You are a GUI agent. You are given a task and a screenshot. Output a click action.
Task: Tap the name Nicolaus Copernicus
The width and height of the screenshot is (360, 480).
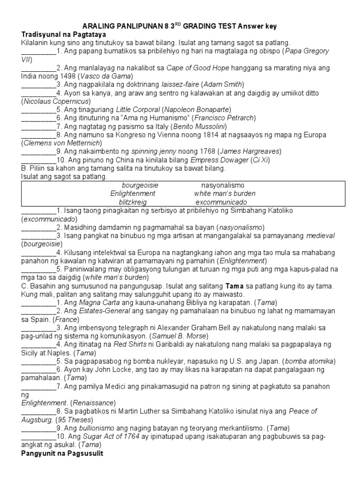pyautogui.click(x=52, y=101)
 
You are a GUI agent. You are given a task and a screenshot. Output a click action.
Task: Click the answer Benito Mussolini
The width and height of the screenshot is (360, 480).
pyautogui.click(x=200, y=127)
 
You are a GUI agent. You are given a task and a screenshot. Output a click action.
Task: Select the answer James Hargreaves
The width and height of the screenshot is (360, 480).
pyautogui.click(x=250, y=151)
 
